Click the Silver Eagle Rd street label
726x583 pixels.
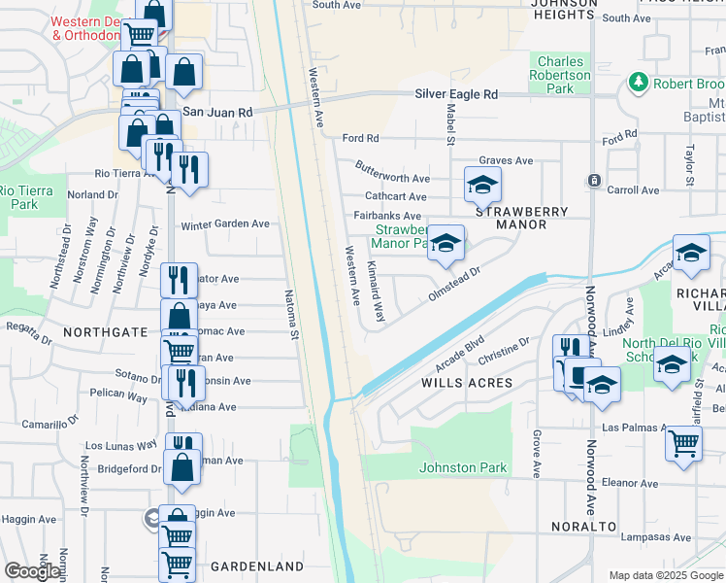click(455, 94)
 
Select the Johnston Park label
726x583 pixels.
click(463, 467)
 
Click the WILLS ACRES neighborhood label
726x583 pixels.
click(466, 383)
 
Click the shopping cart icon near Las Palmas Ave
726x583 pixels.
click(683, 443)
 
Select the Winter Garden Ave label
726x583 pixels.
click(225, 223)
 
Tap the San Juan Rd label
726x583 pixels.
click(217, 113)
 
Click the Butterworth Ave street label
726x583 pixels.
click(392, 178)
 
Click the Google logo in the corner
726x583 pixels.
click(32, 571)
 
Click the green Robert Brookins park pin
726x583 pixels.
click(639, 83)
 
